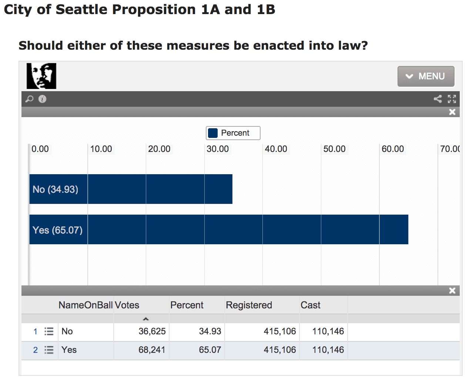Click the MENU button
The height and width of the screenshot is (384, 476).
[426, 76]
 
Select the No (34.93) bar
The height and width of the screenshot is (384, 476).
[131, 189]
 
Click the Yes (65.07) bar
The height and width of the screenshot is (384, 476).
[218, 229]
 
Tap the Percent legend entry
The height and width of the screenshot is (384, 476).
[233, 133]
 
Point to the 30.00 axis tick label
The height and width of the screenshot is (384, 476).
[218, 149]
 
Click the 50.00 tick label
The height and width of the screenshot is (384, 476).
[334, 149]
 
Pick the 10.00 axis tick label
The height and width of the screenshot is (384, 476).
[101, 149]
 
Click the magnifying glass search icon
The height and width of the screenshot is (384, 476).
[29, 99]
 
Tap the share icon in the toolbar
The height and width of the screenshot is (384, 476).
[438, 99]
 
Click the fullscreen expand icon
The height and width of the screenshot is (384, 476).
[452, 99]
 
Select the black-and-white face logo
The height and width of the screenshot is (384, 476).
[41, 76]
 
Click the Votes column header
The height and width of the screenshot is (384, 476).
[127, 305]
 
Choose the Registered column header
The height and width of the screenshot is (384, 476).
[249, 305]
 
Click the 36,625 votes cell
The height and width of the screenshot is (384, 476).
[152, 331]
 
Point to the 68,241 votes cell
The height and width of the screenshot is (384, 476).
[152, 350]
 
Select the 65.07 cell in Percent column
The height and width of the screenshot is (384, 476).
[210, 350]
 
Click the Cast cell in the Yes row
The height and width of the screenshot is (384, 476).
[328, 350]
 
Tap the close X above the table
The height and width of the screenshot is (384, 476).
[452, 291]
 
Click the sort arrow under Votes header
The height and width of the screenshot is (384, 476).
[146, 319]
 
